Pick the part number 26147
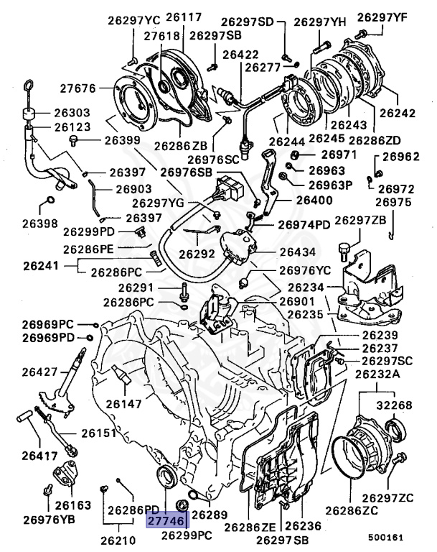[x=125, y=405]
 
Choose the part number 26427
[x=41, y=372]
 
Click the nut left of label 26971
[x=294, y=155]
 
